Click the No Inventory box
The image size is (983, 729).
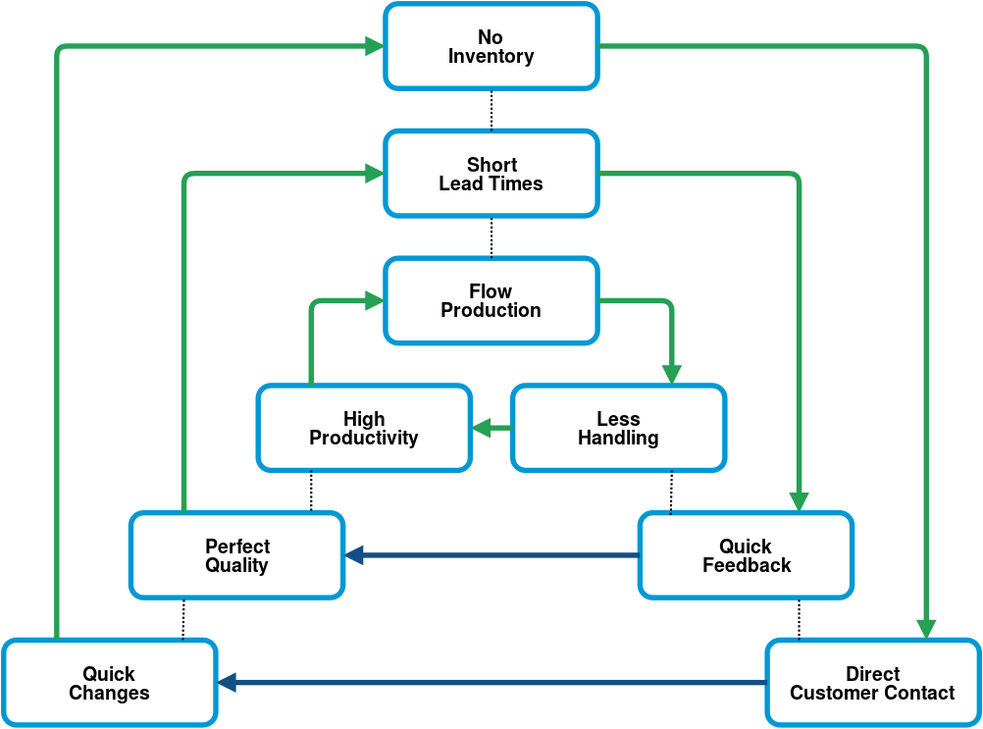coord(491,46)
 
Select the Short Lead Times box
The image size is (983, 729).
coord(491,174)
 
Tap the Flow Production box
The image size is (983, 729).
coord(491,301)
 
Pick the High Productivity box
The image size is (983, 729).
coord(364,428)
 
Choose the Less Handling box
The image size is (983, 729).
coord(619,428)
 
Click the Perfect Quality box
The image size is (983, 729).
coord(237,555)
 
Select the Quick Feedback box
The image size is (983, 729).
coord(746,555)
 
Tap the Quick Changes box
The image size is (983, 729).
coord(110,683)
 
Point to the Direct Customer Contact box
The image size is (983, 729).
coord(873,683)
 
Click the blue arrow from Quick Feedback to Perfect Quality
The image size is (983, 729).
coord(492,555)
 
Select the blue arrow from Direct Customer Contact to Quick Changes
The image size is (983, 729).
coord(492,683)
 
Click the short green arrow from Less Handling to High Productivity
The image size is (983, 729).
coord(492,428)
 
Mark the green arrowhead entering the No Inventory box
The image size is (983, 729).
coord(375,46)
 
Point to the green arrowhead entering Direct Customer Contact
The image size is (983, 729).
coord(926,629)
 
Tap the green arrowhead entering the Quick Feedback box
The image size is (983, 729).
coord(799,502)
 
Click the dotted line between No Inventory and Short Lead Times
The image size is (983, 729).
coord(491,110)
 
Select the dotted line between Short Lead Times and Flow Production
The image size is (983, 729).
coord(491,237)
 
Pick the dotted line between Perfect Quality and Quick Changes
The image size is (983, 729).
coord(183,619)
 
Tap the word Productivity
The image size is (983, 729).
coord(364,438)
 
